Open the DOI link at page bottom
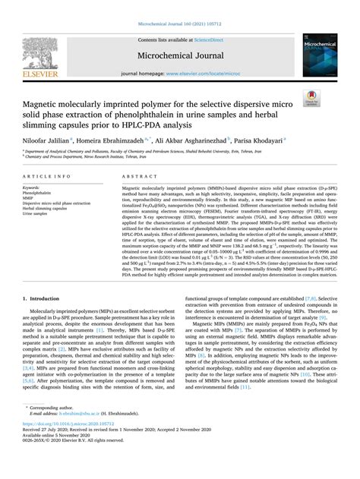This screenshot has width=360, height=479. [x=69, y=445]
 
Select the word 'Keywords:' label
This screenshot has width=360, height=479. [x=31, y=188]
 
